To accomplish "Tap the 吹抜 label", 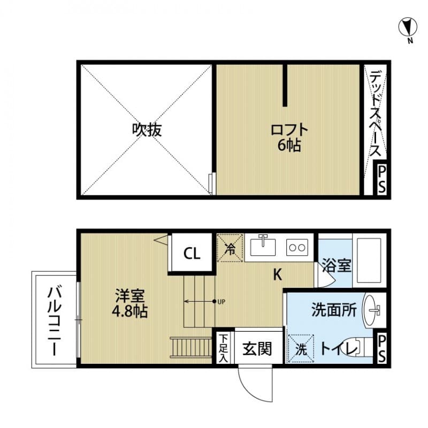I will click(x=147, y=129).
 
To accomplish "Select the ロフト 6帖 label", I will click(x=289, y=137).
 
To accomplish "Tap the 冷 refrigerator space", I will click(x=230, y=248).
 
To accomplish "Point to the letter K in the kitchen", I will click(x=278, y=275).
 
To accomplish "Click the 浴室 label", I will click(x=337, y=265).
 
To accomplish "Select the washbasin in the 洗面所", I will click(x=373, y=309).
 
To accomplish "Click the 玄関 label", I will click(x=257, y=349).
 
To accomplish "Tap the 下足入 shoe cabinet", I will click(x=223, y=349).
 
